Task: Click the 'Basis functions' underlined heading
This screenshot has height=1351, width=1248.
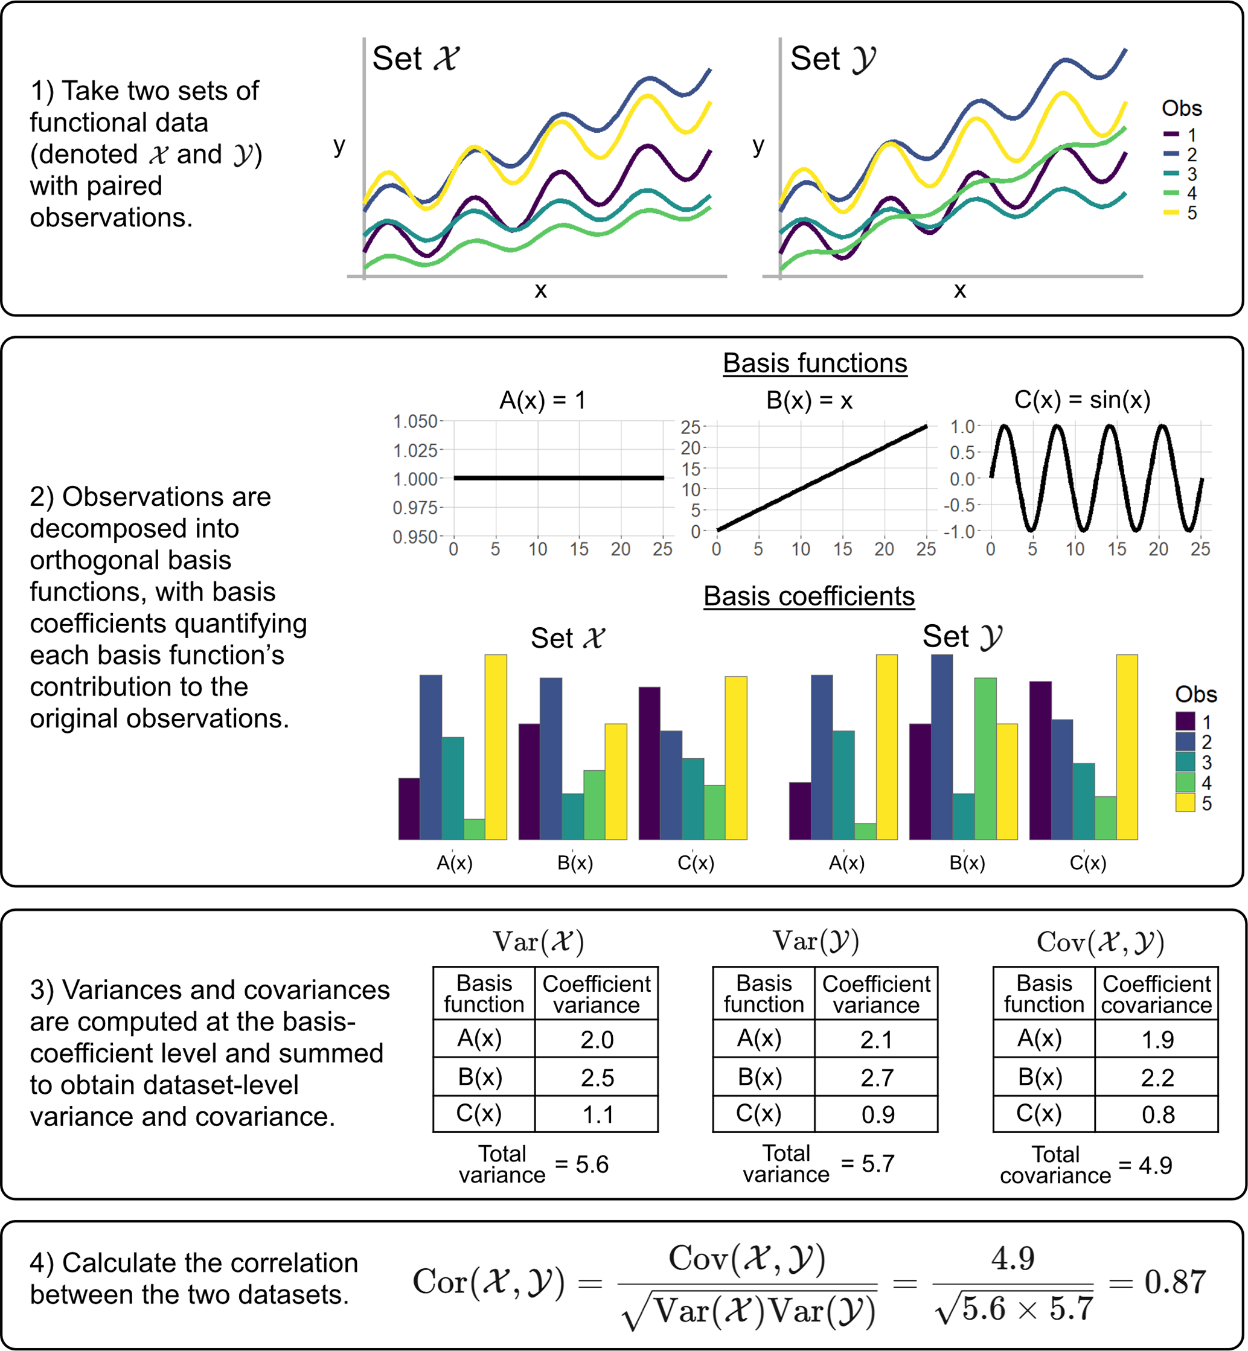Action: tap(814, 363)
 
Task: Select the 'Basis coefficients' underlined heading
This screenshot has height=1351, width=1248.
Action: tap(808, 596)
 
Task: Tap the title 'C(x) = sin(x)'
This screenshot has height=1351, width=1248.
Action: tap(1082, 400)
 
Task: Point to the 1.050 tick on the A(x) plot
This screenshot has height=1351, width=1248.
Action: tap(415, 421)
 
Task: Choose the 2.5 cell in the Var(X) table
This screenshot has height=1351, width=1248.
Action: tap(597, 1077)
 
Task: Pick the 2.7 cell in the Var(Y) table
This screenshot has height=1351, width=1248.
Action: tap(877, 1077)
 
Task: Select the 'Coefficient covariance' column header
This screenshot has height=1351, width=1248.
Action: tap(1156, 994)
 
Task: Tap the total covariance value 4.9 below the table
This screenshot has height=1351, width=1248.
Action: tap(1155, 1164)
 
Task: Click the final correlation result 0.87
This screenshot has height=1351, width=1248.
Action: tap(1175, 1281)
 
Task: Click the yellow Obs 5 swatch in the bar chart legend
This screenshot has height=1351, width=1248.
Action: tap(1185, 803)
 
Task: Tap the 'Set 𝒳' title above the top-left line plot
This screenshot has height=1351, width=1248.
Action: tap(415, 59)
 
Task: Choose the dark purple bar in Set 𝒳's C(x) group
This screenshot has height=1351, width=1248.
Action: tap(649, 763)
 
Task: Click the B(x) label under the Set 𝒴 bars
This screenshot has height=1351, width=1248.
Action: tap(967, 863)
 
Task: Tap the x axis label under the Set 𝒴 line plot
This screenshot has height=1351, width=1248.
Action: tap(959, 290)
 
